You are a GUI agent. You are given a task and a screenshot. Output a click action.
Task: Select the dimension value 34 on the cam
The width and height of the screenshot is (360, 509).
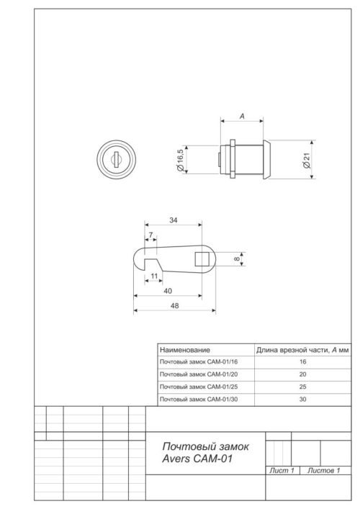point(172,220)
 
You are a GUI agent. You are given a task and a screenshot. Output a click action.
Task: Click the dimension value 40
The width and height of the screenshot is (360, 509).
point(166,290)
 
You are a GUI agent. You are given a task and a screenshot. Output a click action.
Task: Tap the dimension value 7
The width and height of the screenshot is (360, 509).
point(150,235)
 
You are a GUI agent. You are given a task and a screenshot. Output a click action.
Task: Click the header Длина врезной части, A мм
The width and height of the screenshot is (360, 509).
point(303,349)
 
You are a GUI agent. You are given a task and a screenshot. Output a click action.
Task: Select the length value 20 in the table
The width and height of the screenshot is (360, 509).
point(302,374)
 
